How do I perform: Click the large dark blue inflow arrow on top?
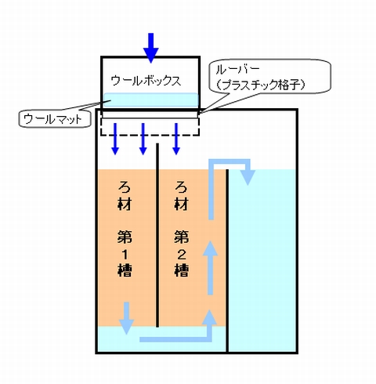[x=151, y=48]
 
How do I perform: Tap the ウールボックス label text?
[x=146, y=81]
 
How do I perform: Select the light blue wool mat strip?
[x=151, y=100]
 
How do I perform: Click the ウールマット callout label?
[x=52, y=119]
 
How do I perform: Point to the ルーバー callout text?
[x=237, y=69]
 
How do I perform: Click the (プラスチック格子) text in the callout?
[x=261, y=85]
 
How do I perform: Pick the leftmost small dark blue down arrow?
[x=115, y=139]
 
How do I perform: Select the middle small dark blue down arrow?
[x=143, y=139]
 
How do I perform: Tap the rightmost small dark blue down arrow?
[x=176, y=139]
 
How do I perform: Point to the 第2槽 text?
[x=181, y=253]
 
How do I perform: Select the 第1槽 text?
[x=125, y=253]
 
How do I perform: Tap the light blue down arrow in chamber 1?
[x=126, y=318]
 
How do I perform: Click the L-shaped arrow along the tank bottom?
[x=178, y=339]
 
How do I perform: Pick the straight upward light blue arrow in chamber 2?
[x=210, y=268]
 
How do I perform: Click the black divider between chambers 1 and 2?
[x=157, y=235]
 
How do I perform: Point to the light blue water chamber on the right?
[x=262, y=260]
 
